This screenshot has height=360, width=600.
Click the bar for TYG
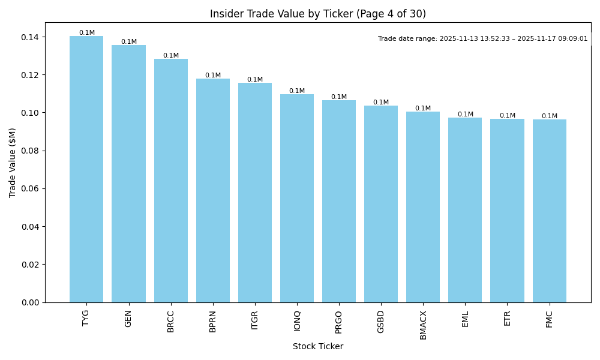[86, 169]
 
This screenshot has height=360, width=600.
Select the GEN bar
[128, 174]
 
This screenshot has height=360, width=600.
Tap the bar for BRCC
[171, 181]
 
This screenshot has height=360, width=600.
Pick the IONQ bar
[297, 198]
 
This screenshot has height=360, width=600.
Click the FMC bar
[549, 211]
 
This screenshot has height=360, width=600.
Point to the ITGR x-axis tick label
[255, 320]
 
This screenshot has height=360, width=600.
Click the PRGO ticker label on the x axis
[339, 322]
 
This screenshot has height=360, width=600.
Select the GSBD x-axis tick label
[381, 322]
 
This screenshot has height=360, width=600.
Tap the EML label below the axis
[465, 319]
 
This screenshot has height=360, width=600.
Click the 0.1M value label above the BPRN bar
[213, 76]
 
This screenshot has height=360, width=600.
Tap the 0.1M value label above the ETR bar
[507, 116]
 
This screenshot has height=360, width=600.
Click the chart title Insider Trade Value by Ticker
[317, 14]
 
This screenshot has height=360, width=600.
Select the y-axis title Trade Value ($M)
[12, 163]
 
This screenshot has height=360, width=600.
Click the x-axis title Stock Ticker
[317, 347]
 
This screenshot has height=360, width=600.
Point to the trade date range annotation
[482, 39]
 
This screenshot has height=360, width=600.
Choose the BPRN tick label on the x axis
[213, 321]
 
